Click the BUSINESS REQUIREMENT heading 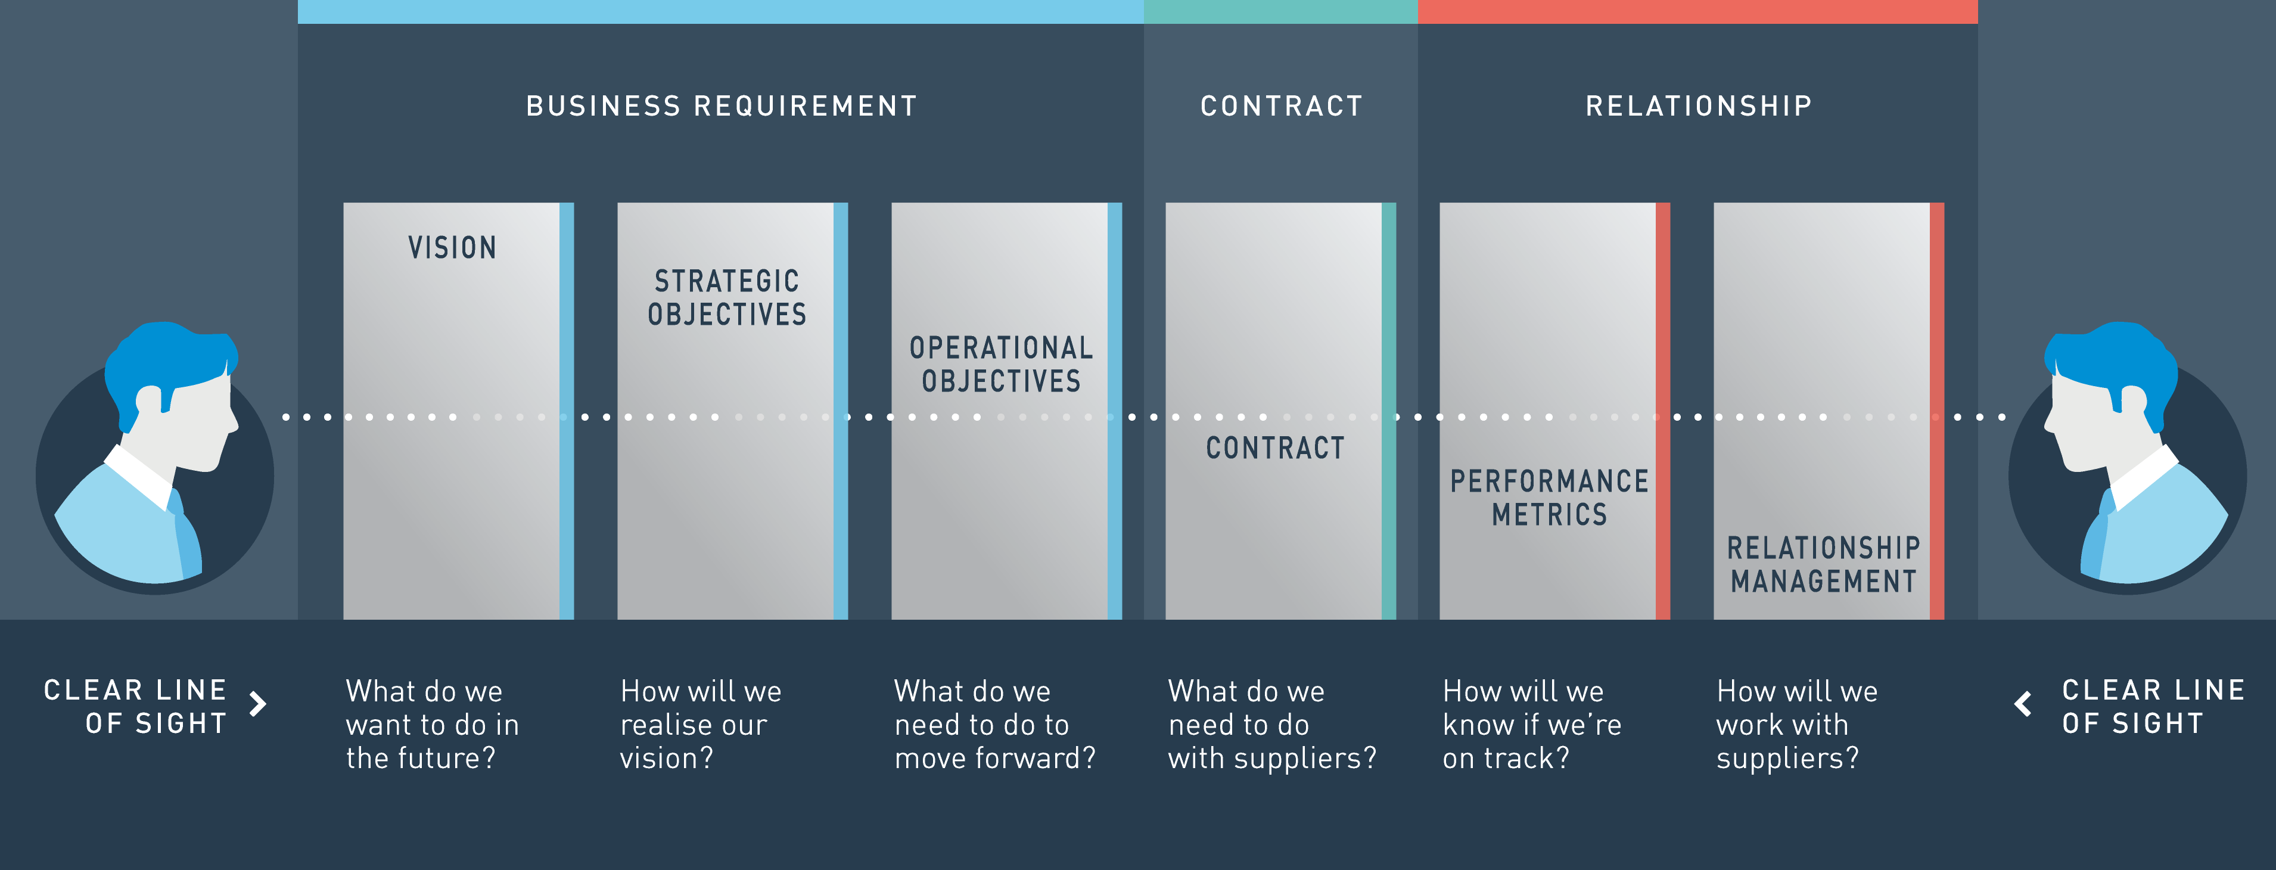[722, 106]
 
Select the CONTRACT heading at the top [1281, 106]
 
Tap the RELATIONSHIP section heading [1698, 106]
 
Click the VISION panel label [452, 247]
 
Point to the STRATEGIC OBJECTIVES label [727, 298]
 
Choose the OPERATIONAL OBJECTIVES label [1001, 364]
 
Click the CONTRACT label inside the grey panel [1275, 448]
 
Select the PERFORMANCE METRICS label [1549, 497]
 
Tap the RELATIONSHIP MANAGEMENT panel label [1824, 564]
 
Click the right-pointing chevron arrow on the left [258, 704]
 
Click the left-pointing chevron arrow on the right [2022, 704]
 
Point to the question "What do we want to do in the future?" [432, 724]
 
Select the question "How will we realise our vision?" [701, 724]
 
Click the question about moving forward [995, 724]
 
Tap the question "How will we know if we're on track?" [1532, 724]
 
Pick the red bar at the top [1697, 11]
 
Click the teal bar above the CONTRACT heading [1280, 11]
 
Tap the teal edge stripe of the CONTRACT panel [1389, 411]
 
